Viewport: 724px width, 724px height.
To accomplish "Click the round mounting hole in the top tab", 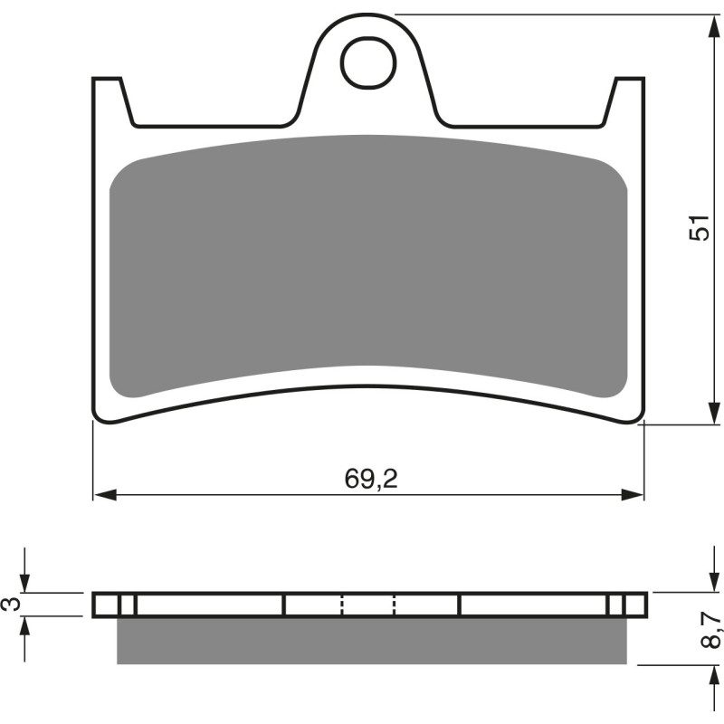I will point(367,61).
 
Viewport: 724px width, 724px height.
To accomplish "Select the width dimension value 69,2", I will point(371,480).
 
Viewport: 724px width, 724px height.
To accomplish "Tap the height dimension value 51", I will point(698,228).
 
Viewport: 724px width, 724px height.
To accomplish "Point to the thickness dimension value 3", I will point(12,604).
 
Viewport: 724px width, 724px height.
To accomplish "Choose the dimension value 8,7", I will point(712,628).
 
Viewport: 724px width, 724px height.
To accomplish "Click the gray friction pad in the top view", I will point(367,262).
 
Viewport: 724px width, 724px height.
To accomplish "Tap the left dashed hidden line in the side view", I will point(342,605).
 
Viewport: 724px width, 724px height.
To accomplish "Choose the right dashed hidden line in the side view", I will point(395,605).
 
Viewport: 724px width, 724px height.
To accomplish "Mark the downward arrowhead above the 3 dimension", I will point(26,584).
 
